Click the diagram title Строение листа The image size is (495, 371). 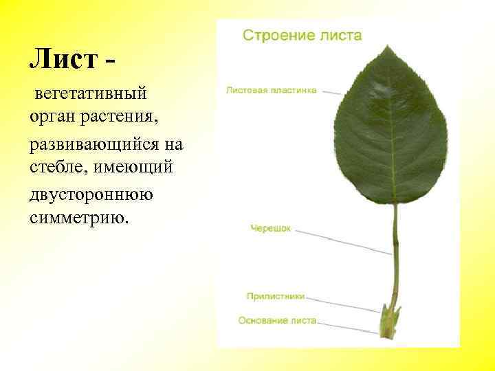point(302,35)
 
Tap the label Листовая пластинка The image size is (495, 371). point(272,89)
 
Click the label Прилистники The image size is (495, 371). point(275,296)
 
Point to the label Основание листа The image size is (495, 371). point(277,320)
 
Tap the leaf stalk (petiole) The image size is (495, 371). point(395,254)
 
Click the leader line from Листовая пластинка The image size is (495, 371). point(330,91)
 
